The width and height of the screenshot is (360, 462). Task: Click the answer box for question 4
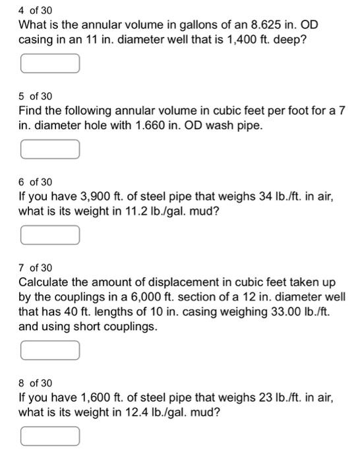pyautogui.click(x=50, y=64)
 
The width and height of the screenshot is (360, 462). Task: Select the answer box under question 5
pyautogui.click(x=50, y=150)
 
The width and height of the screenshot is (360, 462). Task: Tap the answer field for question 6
pyautogui.click(x=50, y=234)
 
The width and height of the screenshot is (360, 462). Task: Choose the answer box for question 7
pyautogui.click(x=50, y=350)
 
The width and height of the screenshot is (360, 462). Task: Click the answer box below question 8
pyautogui.click(x=50, y=436)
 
